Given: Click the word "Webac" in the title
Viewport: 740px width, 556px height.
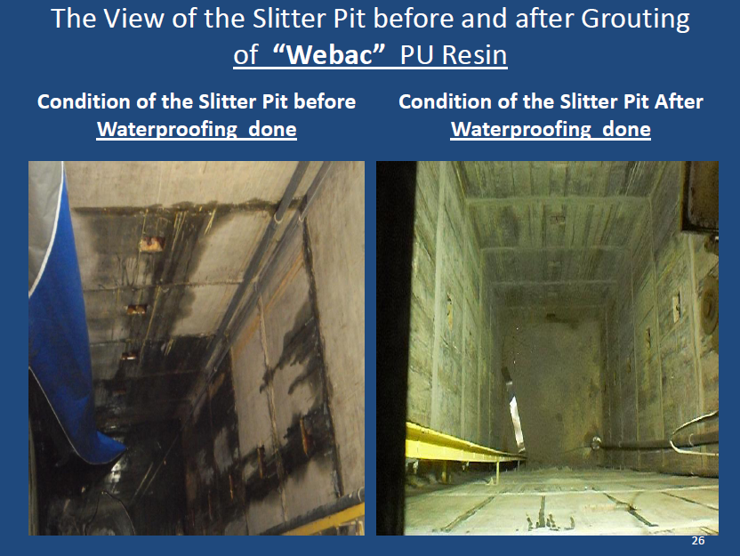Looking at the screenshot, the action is (329, 55).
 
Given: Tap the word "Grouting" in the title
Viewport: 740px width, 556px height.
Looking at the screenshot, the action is (635, 20).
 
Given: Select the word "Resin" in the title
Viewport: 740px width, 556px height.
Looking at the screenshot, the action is (474, 55).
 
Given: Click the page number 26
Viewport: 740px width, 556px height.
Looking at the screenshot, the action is (698, 541).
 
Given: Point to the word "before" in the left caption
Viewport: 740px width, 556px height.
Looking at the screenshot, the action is (325, 101).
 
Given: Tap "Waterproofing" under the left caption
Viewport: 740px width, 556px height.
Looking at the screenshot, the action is (167, 129).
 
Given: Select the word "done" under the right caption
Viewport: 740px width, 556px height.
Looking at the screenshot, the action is (626, 129).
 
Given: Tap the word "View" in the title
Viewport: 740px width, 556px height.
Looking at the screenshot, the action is (134, 19).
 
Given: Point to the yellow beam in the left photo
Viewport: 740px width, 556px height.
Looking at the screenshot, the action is (330, 520).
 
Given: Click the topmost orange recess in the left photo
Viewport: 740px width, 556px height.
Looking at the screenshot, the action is (152, 244).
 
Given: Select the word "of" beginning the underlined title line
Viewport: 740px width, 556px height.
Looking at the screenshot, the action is (245, 55).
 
